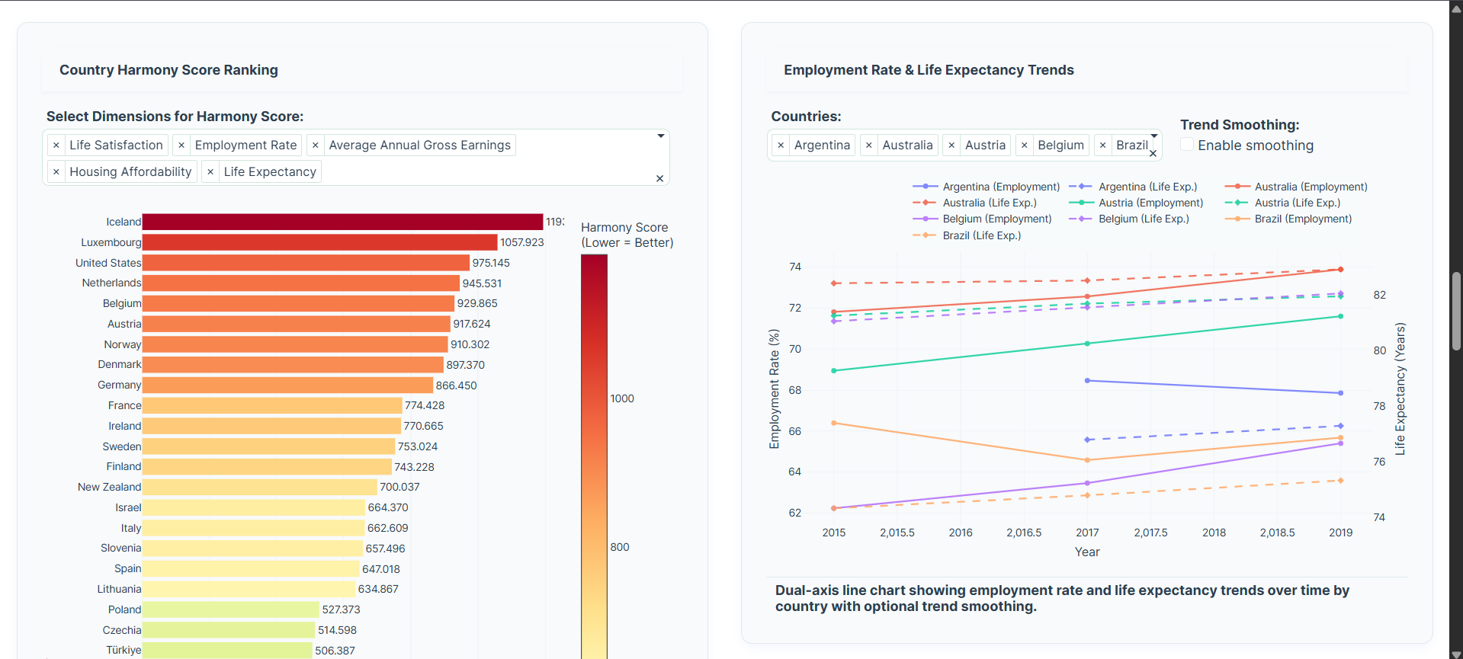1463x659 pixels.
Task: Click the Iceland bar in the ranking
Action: coord(342,222)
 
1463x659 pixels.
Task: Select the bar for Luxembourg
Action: coord(319,242)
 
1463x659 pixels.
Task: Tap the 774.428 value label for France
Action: coord(425,405)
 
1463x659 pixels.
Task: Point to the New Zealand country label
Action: coord(109,487)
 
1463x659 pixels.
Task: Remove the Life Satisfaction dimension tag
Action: coord(56,146)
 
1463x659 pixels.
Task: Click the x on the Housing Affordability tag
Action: coord(56,172)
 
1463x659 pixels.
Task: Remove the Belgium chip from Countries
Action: coord(1025,146)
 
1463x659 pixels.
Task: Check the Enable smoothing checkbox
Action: coord(1187,145)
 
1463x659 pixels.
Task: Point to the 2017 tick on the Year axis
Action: coord(1087,533)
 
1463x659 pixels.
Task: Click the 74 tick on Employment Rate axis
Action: coord(795,267)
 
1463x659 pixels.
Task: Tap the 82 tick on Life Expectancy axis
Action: coord(1380,295)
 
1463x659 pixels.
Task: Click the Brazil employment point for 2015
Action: coord(834,423)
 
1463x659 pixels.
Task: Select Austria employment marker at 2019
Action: coord(1340,316)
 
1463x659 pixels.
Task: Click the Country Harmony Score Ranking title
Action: coord(168,70)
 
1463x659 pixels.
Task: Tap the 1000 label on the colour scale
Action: coord(622,398)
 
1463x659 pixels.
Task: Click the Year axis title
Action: coord(1087,552)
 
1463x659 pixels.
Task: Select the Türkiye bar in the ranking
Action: coord(227,650)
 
